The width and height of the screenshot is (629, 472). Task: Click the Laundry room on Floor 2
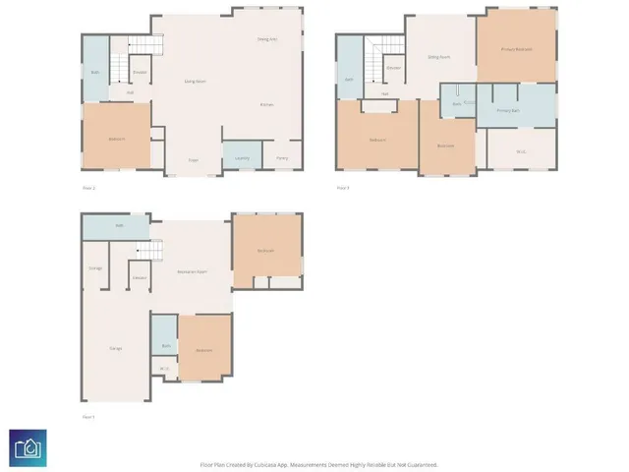click(x=238, y=157)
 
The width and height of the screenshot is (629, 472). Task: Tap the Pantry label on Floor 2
click(x=282, y=157)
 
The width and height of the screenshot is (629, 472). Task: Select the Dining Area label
click(x=266, y=39)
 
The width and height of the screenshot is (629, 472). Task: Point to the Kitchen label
click(x=266, y=104)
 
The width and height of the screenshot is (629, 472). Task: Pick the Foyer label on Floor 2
click(x=195, y=158)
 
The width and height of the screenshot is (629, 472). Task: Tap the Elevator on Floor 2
click(x=140, y=72)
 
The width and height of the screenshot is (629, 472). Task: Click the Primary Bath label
click(x=508, y=111)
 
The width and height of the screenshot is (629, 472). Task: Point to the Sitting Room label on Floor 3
click(x=438, y=57)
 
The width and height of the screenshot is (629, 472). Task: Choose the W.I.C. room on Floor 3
click(x=521, y=151)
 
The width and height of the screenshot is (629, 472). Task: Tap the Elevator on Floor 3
click(x=393, y=68)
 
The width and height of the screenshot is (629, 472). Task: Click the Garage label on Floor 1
click(x=115, y=349)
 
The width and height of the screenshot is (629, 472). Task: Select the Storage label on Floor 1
click(x=95, y=267)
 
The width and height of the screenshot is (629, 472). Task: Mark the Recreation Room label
click(x=191, y=270)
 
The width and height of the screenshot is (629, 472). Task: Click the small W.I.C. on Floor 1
click(x=163, y=369)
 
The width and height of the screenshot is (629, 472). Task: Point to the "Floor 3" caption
click(x=343, y=187)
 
